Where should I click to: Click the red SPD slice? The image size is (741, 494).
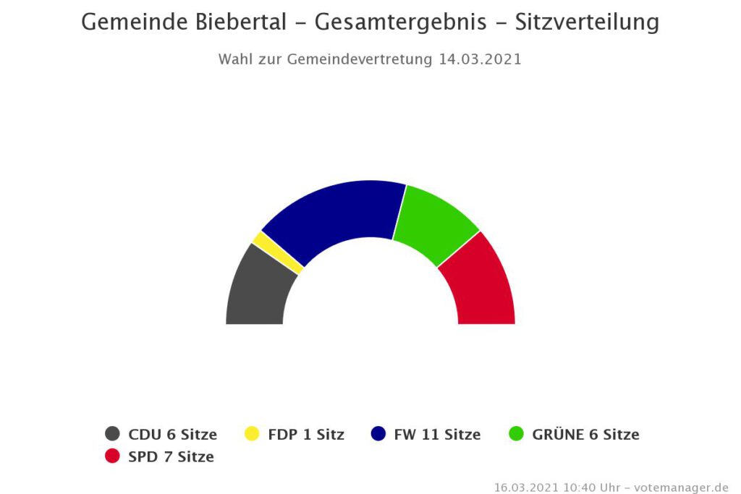coord(480,286)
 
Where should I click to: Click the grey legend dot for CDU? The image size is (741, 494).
coord(112,434)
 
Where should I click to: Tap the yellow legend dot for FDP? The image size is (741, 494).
coord(251,434)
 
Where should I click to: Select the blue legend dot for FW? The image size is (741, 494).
coord(378,434)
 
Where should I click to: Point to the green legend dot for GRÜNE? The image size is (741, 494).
coord(516,434)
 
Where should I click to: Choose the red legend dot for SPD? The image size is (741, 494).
coord(112,456)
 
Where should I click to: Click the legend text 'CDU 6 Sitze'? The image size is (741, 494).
coord(172,435)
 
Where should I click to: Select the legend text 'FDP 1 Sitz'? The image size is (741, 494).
coord(305,435)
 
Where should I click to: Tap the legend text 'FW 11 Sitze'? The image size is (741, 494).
coord(437,435)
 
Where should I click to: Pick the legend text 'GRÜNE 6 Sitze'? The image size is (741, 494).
coord(585,435)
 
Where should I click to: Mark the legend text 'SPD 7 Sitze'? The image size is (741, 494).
coord(171,457)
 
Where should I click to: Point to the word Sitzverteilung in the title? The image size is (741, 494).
coord(587,22)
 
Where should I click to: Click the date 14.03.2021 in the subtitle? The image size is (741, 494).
coord(480,59)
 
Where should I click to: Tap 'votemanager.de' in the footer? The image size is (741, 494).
coord(681,487)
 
